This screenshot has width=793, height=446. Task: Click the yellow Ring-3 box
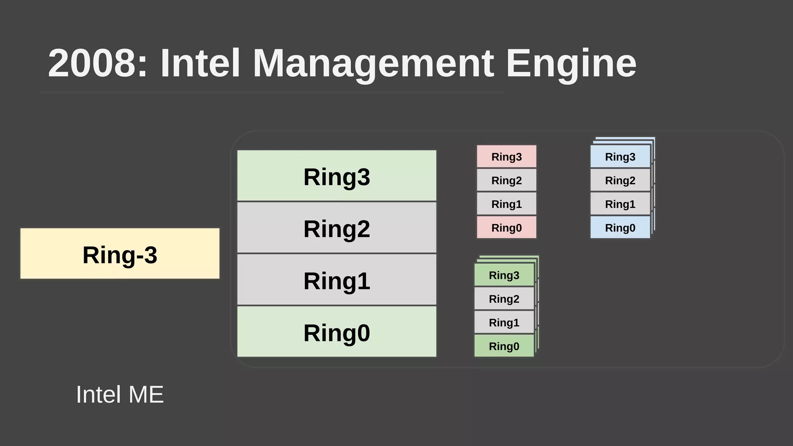[120, 254]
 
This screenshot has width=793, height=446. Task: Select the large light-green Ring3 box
[336, 176]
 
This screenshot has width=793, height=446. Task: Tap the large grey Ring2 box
[336, 228]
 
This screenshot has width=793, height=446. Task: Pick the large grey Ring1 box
[336, 280]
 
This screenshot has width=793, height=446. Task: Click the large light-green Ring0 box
[336, 332]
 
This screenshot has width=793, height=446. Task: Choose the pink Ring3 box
[506, 156]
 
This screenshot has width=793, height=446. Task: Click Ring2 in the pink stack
[506, 180]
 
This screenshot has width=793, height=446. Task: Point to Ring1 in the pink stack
[506, 204]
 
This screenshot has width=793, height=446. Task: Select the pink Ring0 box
[506, 227]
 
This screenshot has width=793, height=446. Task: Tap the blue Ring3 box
[620, 156]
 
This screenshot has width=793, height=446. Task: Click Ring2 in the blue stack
[620, 180]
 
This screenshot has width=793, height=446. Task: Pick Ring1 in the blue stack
[620, 204]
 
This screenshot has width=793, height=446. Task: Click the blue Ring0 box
[620, 227]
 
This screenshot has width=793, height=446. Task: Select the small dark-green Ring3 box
[504, 275]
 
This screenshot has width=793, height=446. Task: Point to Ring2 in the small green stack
[504, 298]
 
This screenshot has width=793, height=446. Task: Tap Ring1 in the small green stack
[504, 322]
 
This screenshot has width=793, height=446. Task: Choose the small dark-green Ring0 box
[504, 346]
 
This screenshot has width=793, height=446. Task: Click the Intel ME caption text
[120, 395]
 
